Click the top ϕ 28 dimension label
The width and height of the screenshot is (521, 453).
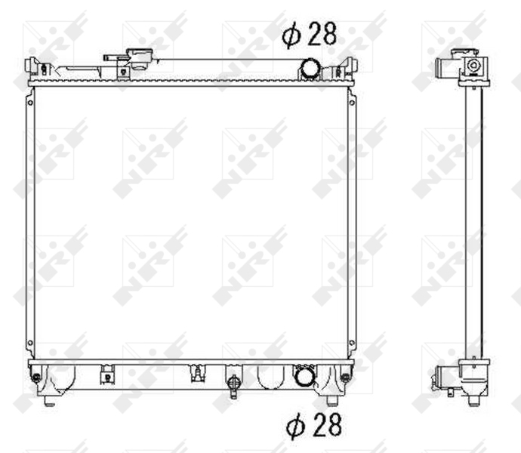[x=309, y=34]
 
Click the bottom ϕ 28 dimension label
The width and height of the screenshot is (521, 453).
[x=313, y=426]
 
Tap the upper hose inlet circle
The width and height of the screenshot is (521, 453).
[x=311, y=68]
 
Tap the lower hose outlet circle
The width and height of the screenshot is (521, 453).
[x=305, y=375]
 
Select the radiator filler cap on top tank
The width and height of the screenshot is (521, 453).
[x=140, y=58]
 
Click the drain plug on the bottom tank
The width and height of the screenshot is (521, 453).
[x=233, y=384]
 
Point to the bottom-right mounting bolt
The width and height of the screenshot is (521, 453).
[x=345, y=376]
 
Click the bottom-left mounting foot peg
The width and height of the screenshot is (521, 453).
[x=48, y=399]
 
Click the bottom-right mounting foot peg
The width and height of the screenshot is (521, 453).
[x=331, y=399]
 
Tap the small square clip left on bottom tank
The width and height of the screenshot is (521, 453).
[x=106, y=373]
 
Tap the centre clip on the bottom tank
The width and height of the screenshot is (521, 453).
[x=198, y=372]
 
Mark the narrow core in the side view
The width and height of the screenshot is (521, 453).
[x=473, y=219]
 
